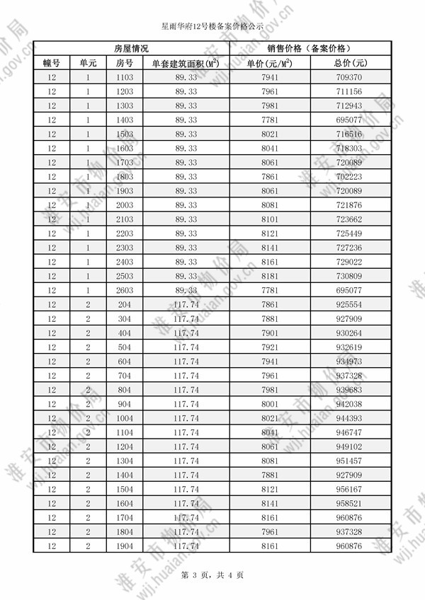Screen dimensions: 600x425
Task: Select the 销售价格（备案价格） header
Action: pos(308,48)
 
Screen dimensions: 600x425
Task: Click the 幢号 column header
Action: pos(51,62)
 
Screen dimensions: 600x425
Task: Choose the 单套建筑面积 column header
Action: pos(186,62)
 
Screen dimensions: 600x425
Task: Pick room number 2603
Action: pos(124,291)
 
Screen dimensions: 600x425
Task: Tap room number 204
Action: pos(124,305)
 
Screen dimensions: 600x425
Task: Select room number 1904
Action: pos(124,547)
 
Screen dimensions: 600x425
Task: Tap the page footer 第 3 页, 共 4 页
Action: pos(212,576)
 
